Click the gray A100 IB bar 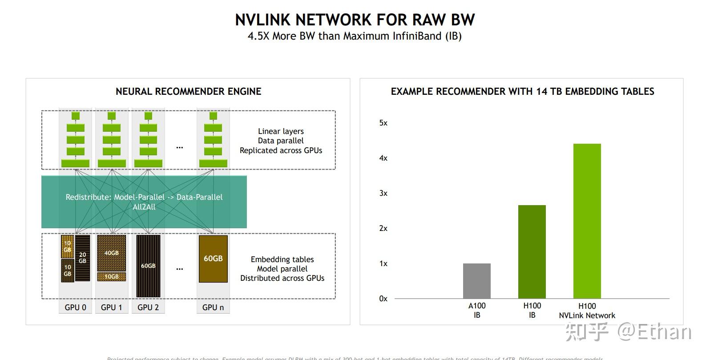pyautogui.click(x=476, y=281)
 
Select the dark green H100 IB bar pyautogui.click(x=532, y=252)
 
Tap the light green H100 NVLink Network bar pyautogui.click(x=587, y=221)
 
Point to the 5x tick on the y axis pyautogui.click(x=383, y=123)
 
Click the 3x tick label pyautogui.click(x=383, y=193)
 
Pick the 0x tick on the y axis pyautogui.click(x=383, y=299)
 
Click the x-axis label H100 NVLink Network pyautogui.click(x=587, y=311)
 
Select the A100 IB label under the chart pyautogui.click(x=476, y=310)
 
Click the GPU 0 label pyautogui.click(x=75, y=307)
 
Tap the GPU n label pyautogui.click(x=213, y=307)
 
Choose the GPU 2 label pyautogui.click(x=148, y=307)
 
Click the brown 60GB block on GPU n pyautogui.click(x=213, y=259)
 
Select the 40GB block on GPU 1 pyautogui.click(x=111, y=253)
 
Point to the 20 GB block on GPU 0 pyautogui.click(x=82, y=258)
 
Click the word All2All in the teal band pyautogui.click(x=144, y=207)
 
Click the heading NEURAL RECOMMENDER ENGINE pyautogui.click(x=188, y=92)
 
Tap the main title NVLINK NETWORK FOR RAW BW pyautogui.click(x=355, y=20)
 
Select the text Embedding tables pyautogui.click(x=282, y=259)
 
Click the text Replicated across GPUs pyautogui.click(x=281, y=150)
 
